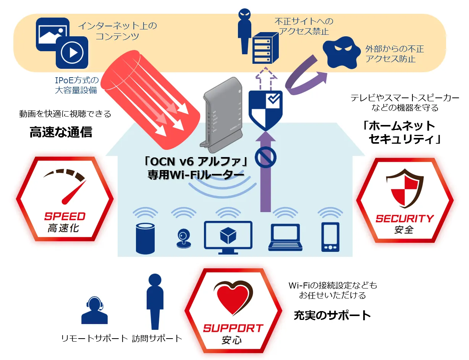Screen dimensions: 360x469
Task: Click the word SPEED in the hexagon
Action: click(65, 216)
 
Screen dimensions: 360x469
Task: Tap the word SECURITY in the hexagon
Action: click(404, 219)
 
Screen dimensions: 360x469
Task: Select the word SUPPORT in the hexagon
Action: click(233, 328)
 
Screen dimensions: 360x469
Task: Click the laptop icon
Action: click(285, 238)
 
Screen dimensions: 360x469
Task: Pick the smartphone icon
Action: click(329, 237)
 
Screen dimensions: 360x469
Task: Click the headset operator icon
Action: click(94, 310)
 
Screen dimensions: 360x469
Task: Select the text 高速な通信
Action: click(61, 132)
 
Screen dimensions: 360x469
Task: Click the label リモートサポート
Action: click(94, 338)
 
